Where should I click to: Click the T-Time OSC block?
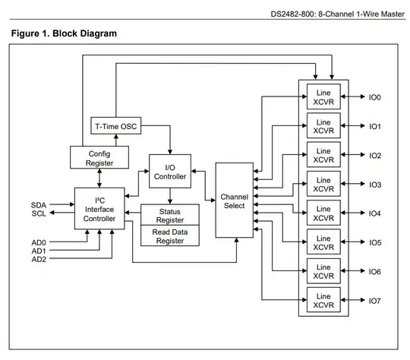(117, 125)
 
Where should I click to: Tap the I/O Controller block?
(169, 172)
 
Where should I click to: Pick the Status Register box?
(169, 214)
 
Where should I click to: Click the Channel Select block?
(235, 201)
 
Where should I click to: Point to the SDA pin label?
(39, 205)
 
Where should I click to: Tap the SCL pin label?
(39, 213)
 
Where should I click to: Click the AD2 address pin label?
(39, 259)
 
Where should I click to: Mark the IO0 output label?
(375, 97)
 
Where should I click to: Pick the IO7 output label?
(375, 301)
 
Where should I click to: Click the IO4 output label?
(375, 213)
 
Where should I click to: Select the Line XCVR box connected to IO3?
(323, 184)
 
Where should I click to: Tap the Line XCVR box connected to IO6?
(323, 271)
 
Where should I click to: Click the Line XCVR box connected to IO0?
(323, 96)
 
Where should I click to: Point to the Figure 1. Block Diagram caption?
(65, 34)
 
